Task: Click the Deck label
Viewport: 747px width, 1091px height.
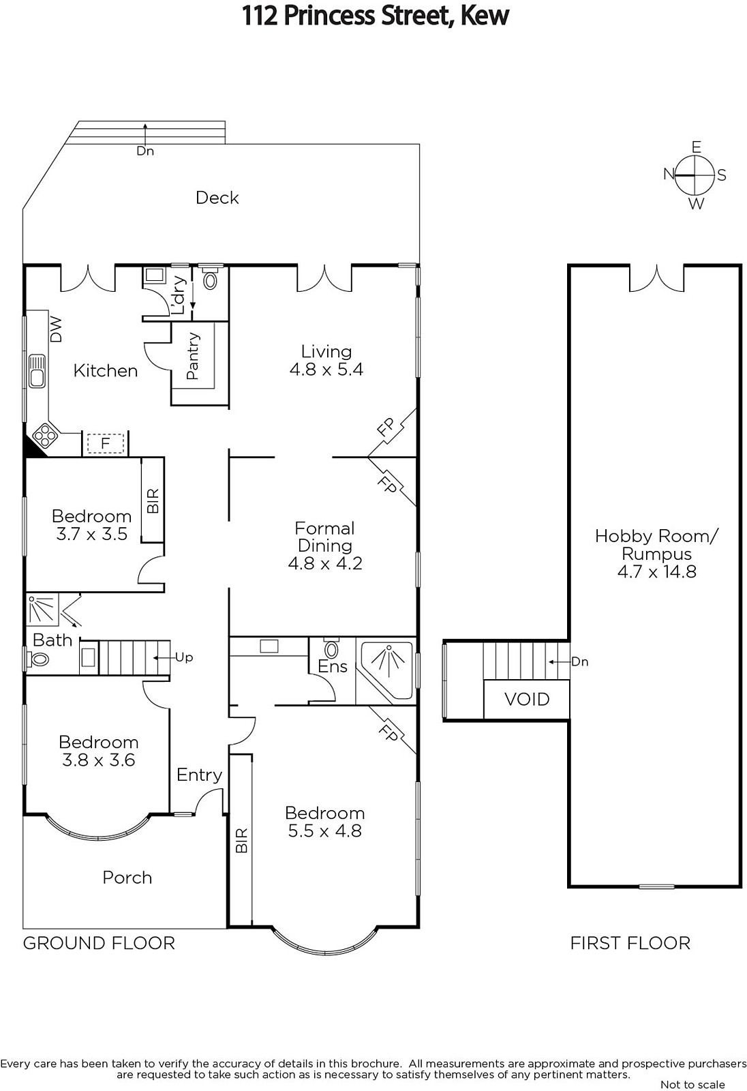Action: click(217, 198)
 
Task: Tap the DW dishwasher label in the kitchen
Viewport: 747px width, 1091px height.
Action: click(56, 329)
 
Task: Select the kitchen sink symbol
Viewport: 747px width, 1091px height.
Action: click(37, 371)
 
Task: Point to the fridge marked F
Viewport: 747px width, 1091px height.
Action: click(105, 444)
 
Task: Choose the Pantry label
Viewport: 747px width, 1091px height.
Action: click(193, 356)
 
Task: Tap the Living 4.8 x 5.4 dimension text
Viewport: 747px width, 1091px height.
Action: click(326, 369)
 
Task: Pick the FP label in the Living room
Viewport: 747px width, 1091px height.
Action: click(386, 427)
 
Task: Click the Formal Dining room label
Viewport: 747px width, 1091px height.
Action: click(325, 537)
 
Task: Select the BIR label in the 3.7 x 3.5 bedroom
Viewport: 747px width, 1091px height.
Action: click(153, 500)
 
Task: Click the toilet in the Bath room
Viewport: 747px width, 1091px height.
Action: click(38, 660)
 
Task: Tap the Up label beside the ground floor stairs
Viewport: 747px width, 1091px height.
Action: click(184, 657)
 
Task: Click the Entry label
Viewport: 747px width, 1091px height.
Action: click(199, 775)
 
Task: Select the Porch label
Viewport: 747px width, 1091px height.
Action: click(127, 878)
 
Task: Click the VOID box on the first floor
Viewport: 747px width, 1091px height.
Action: click(526, 699)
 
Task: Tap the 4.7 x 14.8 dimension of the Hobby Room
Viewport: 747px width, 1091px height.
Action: click(657, 571)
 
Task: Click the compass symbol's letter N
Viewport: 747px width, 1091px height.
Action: click(669, 173)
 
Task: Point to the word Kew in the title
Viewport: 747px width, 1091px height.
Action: click(484, 16)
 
